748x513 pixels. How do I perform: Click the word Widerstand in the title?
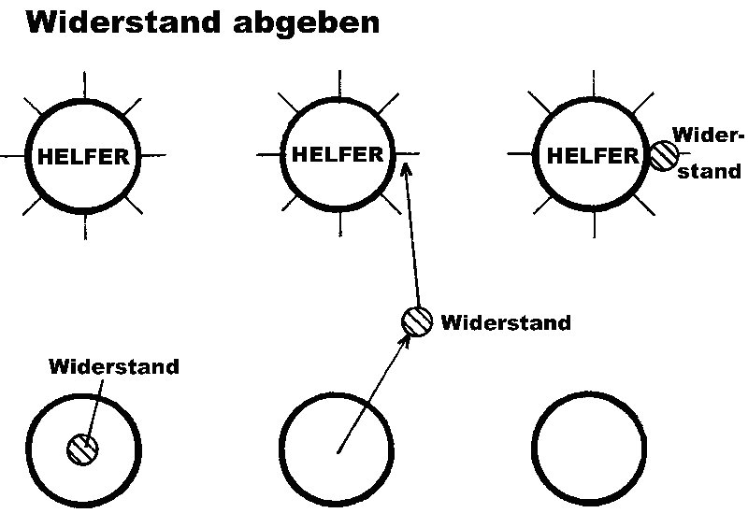click(x=121, y=23)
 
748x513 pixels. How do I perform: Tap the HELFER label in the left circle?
click(x=83, y=157)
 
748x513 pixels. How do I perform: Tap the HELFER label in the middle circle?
click(x=338, y=154)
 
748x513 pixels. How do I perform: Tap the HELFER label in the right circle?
click(x=592, y=156)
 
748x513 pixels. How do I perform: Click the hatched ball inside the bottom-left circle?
click(x=82, y=449)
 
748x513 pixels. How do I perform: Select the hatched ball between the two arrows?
click(x=417, y=321)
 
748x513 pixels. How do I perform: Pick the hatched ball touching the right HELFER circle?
click(x=665, y=155)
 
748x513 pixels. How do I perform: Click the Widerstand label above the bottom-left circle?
click(x=114, y=366)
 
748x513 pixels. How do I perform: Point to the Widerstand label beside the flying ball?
click(x=505, y=323)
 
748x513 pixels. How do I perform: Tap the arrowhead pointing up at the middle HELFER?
click(x=406, y=168)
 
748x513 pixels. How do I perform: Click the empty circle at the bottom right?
click(x=591, y=449)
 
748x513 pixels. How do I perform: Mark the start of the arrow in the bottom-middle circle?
click(x=338, y=453)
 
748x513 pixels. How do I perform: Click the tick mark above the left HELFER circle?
click(x=85, y=83)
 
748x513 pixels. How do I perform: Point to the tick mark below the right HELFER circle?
click(x=596, y=225)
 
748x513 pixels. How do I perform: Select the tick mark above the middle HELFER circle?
click(x=339, y=82)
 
